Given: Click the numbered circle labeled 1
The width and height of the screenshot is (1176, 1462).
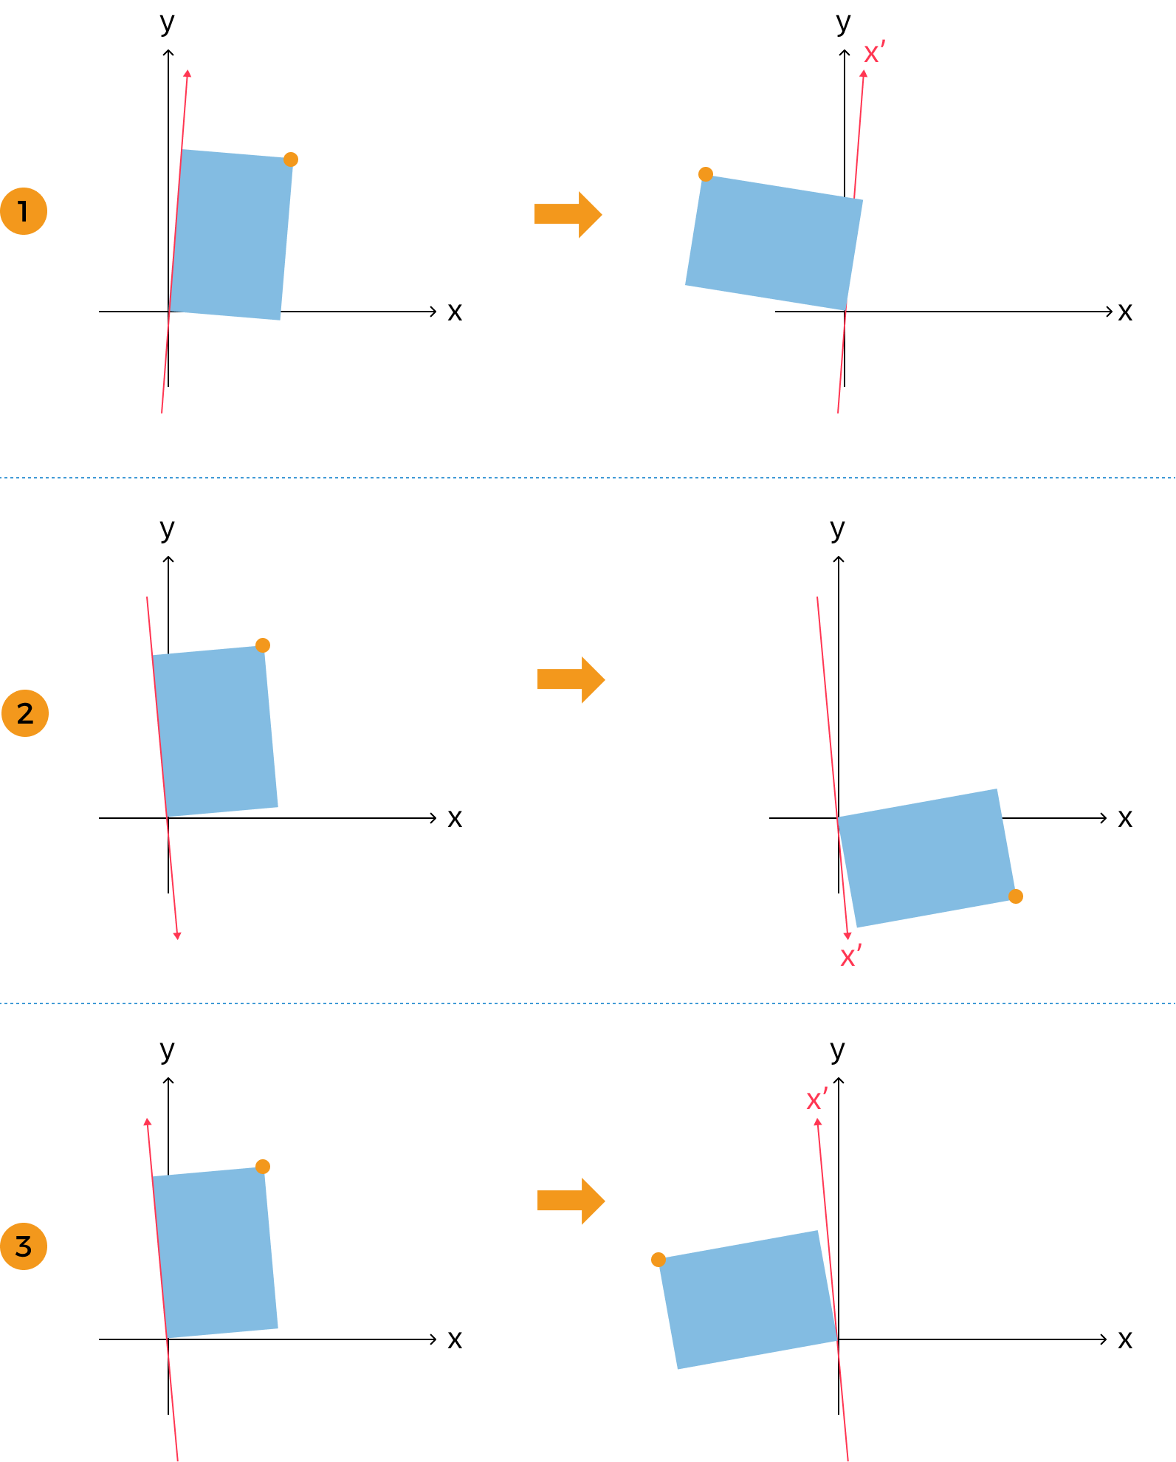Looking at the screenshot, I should [24, 211].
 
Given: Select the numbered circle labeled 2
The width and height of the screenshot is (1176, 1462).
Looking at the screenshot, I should [24, 713].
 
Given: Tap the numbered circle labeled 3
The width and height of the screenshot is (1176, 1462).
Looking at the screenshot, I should [24, 1246].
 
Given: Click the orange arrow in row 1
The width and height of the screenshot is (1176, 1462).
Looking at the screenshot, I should [568, 215].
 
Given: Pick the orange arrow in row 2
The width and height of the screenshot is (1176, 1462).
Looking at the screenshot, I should [571, 679].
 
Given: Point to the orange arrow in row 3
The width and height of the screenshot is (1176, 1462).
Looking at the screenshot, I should [571, 1201].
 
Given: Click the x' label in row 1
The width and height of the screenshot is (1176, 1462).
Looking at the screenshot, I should [874, 53].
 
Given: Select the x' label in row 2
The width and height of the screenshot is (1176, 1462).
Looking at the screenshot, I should [850, 956].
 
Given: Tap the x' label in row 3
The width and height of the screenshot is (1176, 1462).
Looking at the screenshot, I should [816, 1099].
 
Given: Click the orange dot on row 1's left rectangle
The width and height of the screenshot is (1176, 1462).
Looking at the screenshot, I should [291, 159].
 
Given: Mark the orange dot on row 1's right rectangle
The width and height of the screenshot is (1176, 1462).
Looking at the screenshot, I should [706, 174].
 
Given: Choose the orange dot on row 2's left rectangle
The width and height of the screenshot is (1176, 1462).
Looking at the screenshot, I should [263, 645].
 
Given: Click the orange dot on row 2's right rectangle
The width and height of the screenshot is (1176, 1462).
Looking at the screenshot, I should [1016, 896].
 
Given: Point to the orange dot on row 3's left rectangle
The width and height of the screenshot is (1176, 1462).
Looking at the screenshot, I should [263, 1167].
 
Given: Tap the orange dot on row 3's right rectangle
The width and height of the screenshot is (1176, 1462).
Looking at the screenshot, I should [659, 1260].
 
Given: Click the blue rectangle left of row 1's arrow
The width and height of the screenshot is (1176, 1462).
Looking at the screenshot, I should [231, 235].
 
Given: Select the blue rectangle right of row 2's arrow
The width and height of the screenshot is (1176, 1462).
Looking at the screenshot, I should [926, 858].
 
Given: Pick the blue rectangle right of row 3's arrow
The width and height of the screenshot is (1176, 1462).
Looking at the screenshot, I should [748, 1300].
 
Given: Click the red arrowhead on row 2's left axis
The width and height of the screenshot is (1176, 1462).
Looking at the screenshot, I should [177, 936].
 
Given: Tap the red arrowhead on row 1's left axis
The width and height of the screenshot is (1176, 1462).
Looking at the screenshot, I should [188, 73].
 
